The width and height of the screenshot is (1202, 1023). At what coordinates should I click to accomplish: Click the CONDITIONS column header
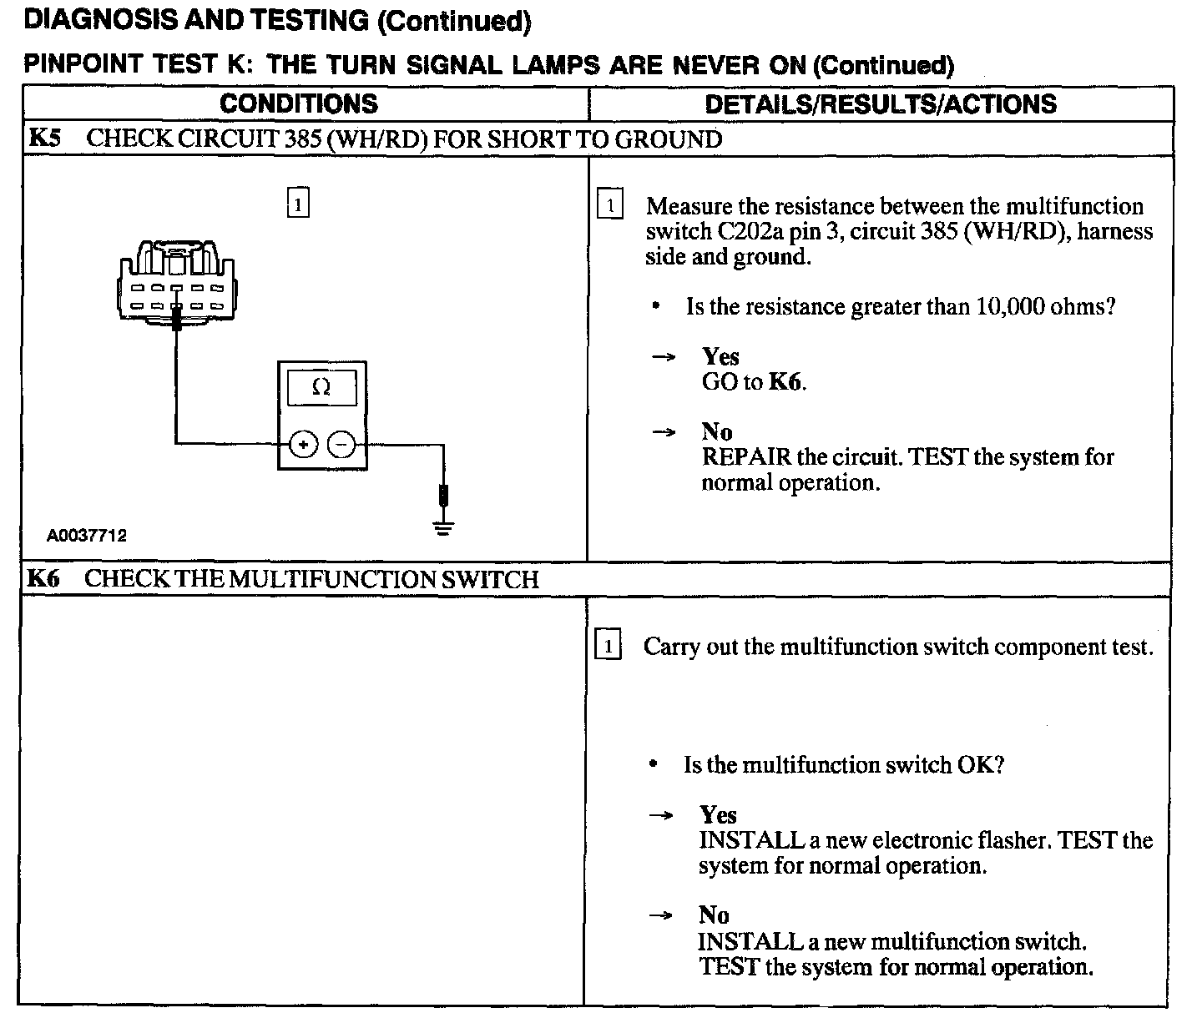click(x=299, y=104)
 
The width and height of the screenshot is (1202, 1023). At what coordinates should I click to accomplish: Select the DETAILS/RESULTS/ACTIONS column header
click(x=881, y=104)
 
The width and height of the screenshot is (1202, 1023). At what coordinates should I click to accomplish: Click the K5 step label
click(x=44, y=139)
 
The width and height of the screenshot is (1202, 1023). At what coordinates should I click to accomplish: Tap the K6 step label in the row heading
click(x=43, y=579)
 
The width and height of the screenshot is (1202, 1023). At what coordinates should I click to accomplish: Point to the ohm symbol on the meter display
click(x=321, y=388)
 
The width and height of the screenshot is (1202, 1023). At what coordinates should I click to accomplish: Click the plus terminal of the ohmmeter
click(x=303, y=445)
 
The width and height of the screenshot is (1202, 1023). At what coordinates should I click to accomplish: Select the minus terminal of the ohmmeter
click(x=341, y=445)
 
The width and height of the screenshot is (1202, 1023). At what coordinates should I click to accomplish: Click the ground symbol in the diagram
click(x=443, y=527)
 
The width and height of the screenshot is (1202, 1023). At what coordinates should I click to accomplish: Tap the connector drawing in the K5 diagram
click(x=177, y=280)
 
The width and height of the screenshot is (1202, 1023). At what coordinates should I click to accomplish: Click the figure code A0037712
click(x=87, y=536)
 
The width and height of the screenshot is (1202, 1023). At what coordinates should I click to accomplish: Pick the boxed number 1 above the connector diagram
click(x=298, y=204)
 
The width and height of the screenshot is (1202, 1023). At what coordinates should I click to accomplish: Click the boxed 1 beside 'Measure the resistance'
click(x=610, y=205)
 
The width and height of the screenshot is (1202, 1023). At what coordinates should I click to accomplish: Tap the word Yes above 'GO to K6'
click(x=720, y=357)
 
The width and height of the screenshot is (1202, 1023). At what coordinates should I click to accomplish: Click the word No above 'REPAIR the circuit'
click(x=717, y=431)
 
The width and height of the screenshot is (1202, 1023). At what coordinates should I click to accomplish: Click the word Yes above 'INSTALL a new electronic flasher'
click(x=718, y=815)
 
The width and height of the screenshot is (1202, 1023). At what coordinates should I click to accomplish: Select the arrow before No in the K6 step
click(x=661, y=915)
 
